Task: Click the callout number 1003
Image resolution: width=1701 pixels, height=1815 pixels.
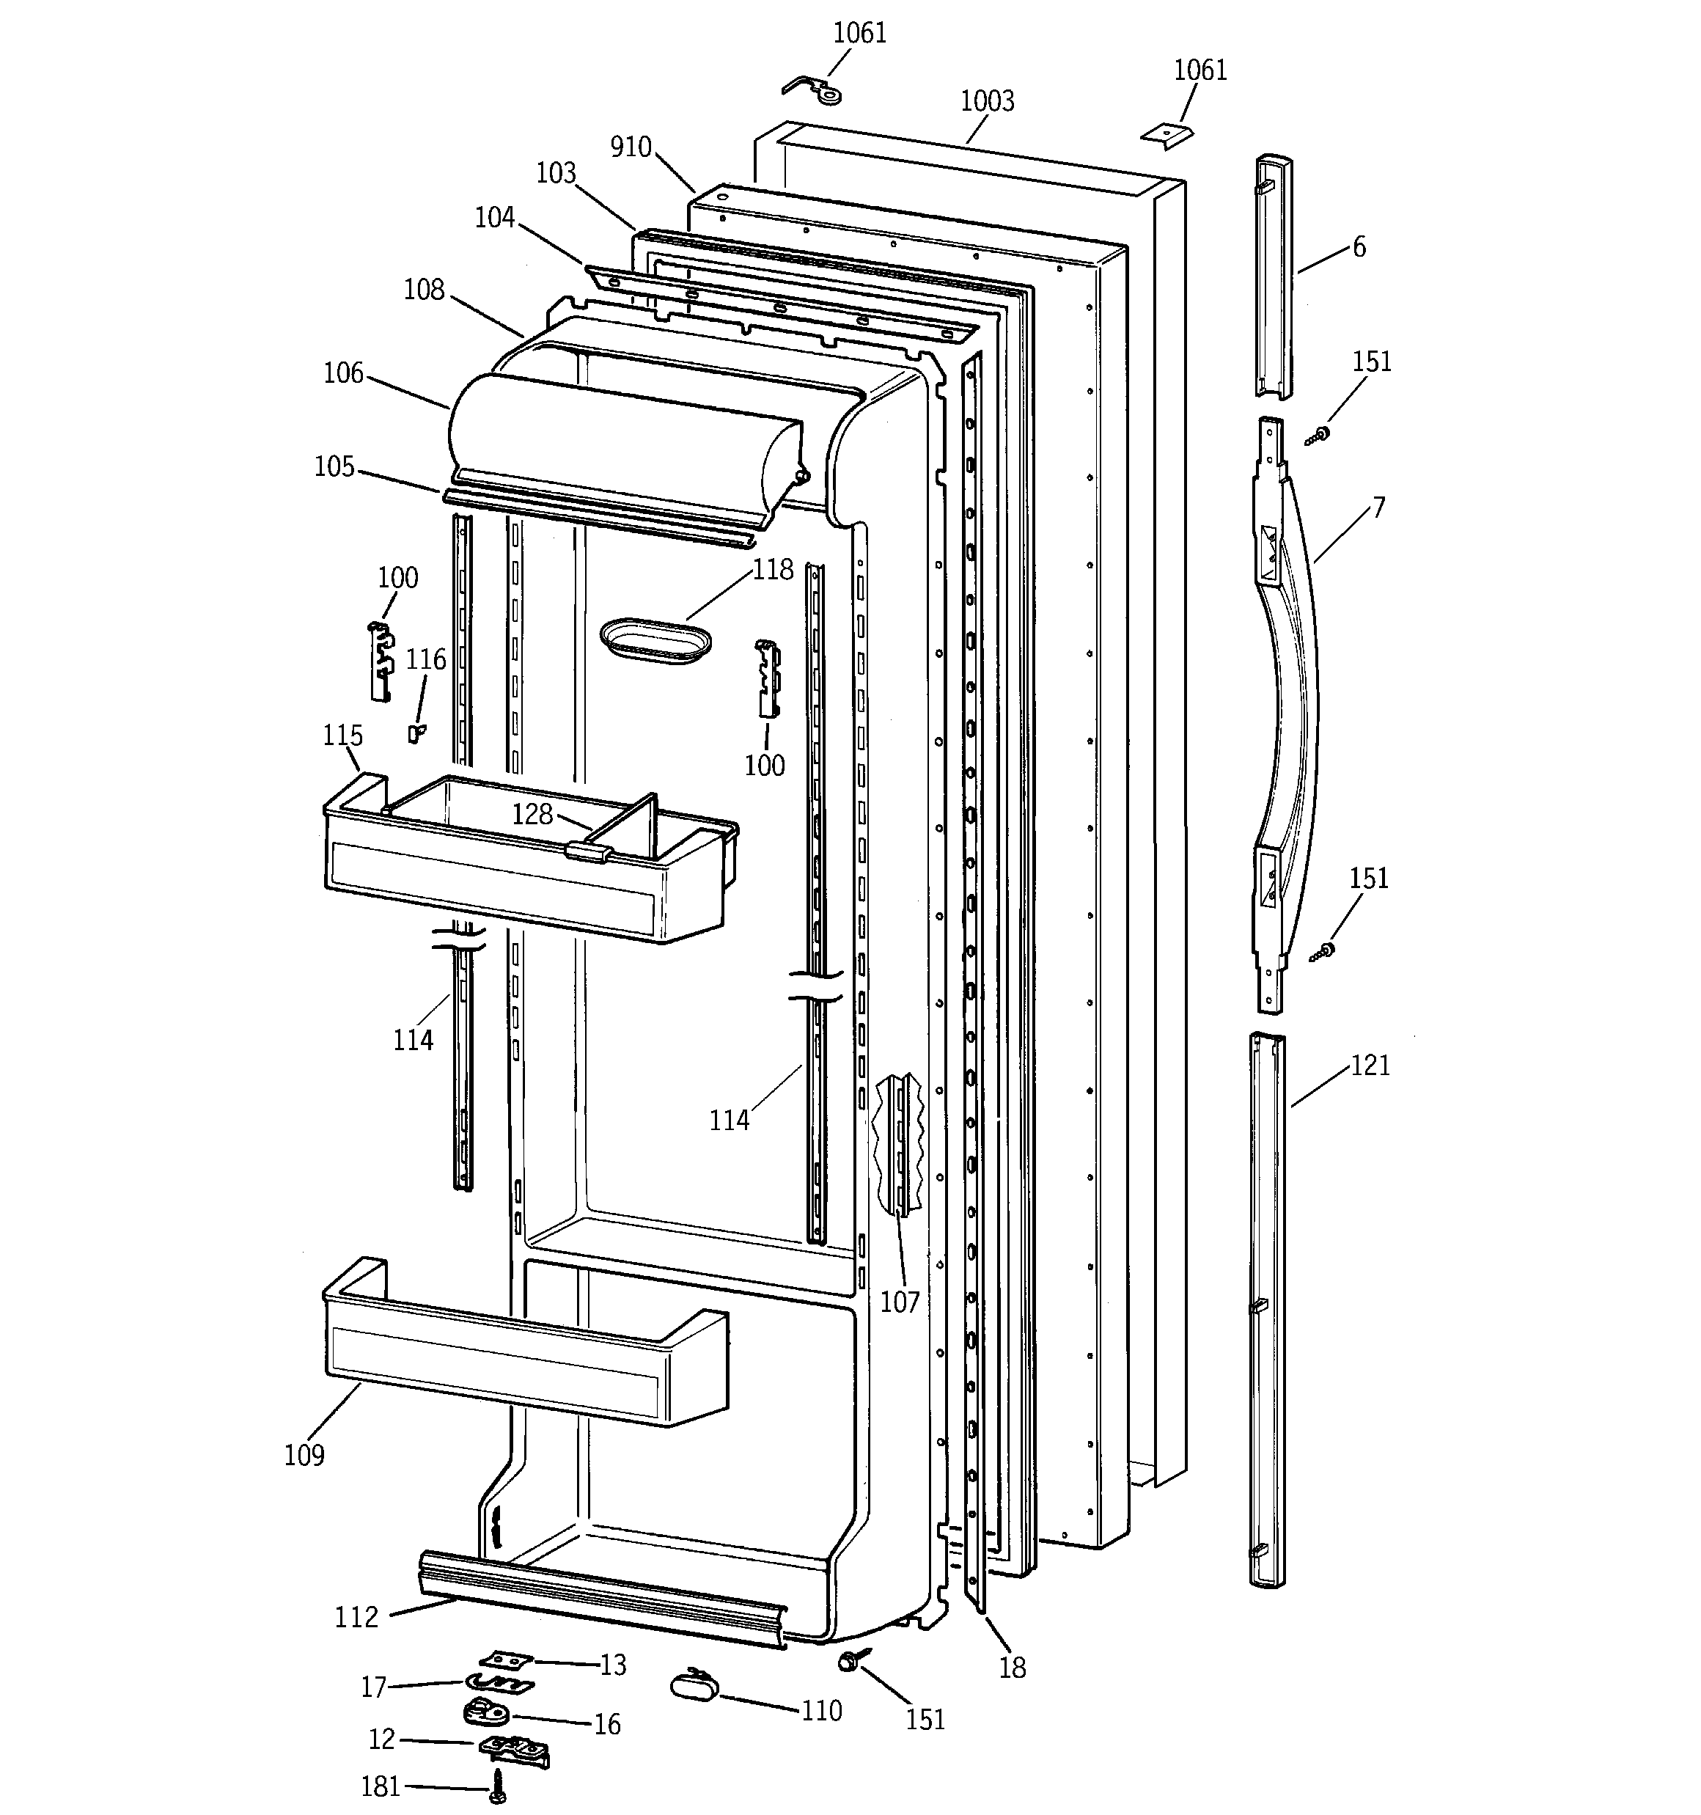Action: pos(987,101)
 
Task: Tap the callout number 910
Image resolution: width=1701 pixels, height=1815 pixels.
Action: pos(631,147)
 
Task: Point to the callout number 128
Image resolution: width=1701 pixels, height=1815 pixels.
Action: pos(532,813)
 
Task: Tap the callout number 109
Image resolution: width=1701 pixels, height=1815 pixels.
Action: pos(304,1455)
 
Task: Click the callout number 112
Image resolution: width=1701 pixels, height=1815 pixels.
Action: pos(356,1618)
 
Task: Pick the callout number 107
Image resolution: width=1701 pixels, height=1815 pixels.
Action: pos(900,1302)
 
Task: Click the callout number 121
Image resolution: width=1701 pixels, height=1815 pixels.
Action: pos(1370,1066)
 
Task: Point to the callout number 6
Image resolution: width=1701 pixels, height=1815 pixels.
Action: pos(1359,247)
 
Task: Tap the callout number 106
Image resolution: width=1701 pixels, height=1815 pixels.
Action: pos(343,373)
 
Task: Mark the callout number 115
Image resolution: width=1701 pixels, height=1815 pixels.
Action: pos(342,735)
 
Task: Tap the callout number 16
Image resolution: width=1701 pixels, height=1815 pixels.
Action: pos(607,1725)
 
